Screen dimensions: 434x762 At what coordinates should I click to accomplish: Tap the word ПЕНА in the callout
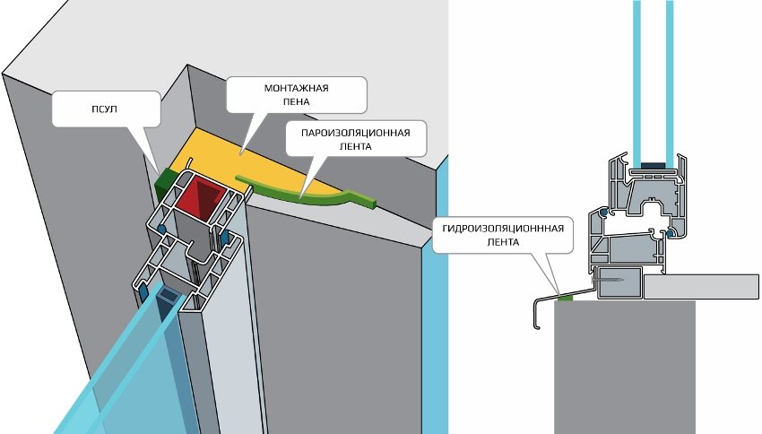[296, 103]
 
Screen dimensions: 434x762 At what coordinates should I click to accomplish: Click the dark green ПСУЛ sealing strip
[165, 183]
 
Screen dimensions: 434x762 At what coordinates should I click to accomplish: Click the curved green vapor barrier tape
[314, 194]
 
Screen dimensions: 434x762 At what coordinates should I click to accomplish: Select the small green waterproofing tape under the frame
[565, 297]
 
